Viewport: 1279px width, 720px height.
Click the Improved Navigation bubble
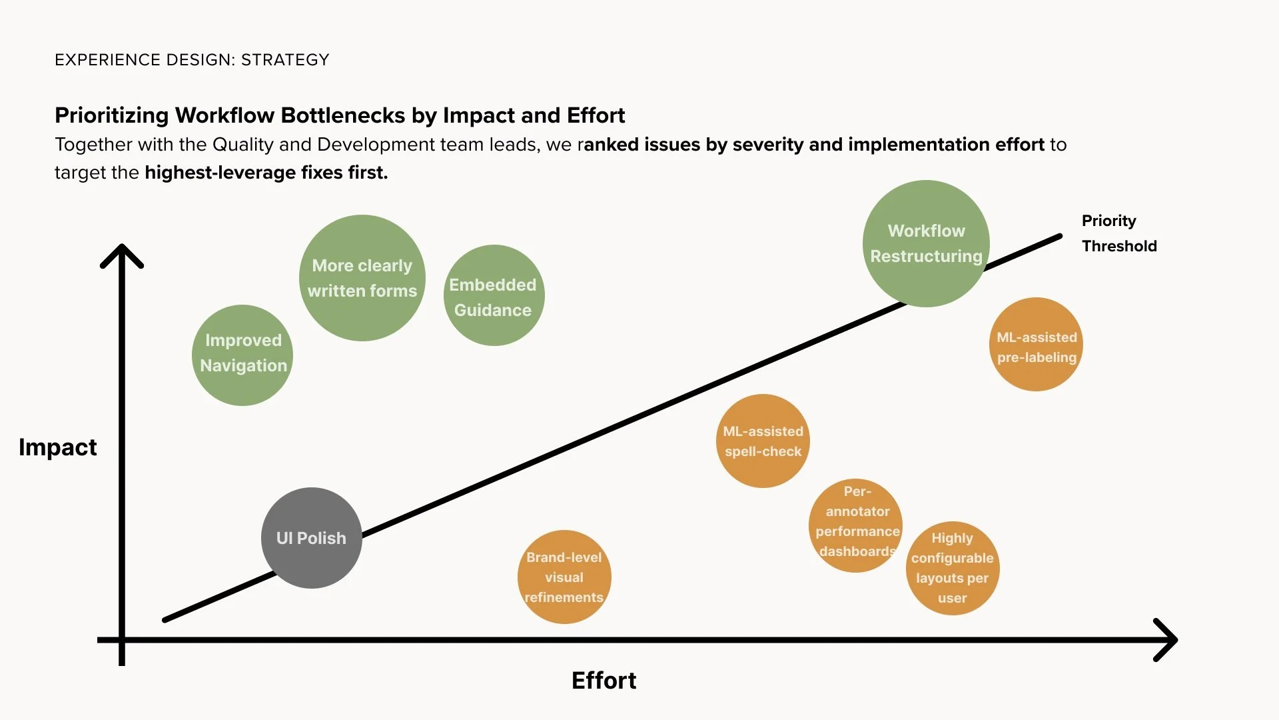242,355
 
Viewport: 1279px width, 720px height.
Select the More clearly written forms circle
362,278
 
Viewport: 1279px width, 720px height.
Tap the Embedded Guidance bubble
494,295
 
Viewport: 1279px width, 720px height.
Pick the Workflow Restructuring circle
926,243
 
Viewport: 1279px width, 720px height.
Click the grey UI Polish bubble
311,538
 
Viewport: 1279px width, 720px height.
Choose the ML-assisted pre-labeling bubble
1036,345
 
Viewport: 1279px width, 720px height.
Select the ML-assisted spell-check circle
763,441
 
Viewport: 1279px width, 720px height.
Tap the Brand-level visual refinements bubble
564,577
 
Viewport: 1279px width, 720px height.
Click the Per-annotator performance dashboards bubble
856,525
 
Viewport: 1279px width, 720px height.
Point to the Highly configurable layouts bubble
953,568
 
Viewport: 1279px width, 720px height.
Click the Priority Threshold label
1118,233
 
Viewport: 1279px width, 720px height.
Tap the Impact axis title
58,447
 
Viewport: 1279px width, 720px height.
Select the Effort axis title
604,681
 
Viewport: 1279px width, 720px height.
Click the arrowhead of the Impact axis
122,253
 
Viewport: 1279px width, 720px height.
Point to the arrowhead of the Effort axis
1169,640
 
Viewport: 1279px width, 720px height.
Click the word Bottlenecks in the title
341,115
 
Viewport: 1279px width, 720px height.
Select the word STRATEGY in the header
285,60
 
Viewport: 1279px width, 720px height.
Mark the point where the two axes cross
122,640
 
